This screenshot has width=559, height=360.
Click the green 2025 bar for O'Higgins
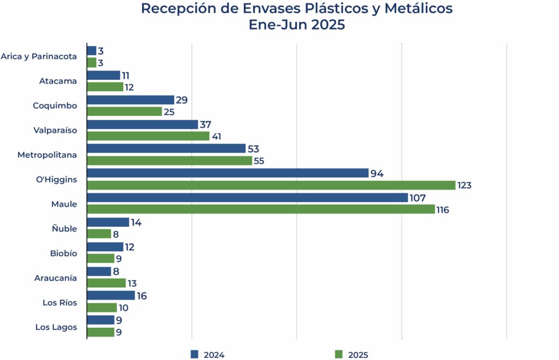(271, 185)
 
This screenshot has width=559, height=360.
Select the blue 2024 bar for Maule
(247, 198)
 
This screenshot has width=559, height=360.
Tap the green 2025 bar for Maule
(261, 210)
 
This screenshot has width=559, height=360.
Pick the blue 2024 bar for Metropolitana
(166, 149)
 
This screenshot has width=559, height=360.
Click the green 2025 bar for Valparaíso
(148, 136)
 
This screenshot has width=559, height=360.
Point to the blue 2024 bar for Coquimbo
(131, 99)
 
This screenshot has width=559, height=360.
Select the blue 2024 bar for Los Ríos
(111, 296)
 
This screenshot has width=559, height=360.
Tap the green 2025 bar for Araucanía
(107, 284)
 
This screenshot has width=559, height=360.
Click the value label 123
(465, 186)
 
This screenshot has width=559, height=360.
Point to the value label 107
(417, 198)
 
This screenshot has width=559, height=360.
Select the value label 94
(377, 174)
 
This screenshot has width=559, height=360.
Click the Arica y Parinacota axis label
(39, 56)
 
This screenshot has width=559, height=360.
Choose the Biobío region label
(63, 253)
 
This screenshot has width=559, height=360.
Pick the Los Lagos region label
(56, 327)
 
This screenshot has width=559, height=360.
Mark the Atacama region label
(58, 81)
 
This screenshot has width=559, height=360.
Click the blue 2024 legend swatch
(194, 354)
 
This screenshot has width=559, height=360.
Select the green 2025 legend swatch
(339, 355)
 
